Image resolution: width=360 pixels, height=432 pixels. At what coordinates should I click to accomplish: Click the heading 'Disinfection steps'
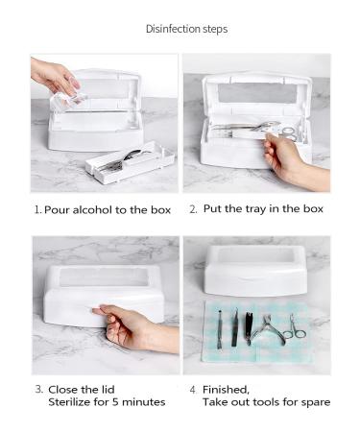click(187, 29)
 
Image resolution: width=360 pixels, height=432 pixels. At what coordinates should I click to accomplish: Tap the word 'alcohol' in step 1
click(92, 210)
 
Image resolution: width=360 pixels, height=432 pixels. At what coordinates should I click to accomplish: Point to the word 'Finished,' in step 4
click(226, 390)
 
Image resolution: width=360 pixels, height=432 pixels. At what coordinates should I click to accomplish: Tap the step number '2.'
click(193, 209)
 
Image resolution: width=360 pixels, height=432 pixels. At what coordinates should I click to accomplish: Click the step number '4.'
click(193, 390)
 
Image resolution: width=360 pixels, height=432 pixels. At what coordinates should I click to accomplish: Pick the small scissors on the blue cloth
click(296, 328)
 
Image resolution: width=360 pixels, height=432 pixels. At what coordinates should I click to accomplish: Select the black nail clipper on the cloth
click(249, 328)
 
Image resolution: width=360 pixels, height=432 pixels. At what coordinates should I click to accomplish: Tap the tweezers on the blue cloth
click(235, 327)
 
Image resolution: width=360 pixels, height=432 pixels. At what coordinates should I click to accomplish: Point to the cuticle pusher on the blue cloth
click(220, 329)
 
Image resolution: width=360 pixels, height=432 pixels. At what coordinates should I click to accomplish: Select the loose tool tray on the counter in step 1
click(130, 162)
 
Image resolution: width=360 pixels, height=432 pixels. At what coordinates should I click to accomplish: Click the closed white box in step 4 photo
click(256, 271)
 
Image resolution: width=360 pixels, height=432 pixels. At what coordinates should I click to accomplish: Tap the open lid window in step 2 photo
click(257, 93)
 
